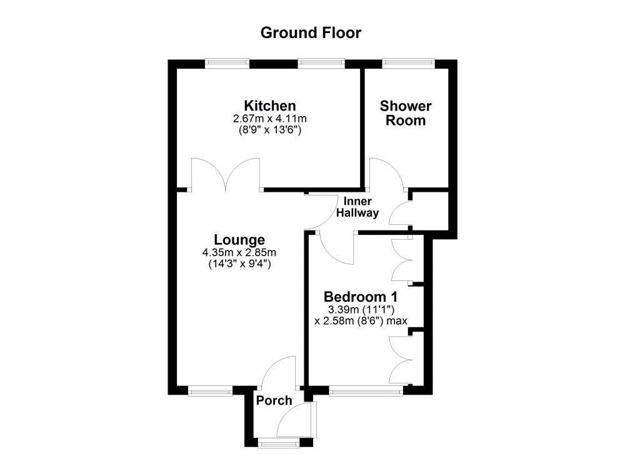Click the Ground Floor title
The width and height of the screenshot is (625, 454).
311,33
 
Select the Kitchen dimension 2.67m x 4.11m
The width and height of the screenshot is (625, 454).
269,118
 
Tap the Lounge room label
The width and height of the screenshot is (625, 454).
239,239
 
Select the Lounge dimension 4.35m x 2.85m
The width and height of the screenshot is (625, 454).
239,252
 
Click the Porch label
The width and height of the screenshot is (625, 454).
275,400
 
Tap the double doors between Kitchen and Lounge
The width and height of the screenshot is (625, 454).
225,175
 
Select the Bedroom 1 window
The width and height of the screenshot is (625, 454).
366,391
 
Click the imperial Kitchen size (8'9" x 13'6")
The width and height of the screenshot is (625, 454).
269,131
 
